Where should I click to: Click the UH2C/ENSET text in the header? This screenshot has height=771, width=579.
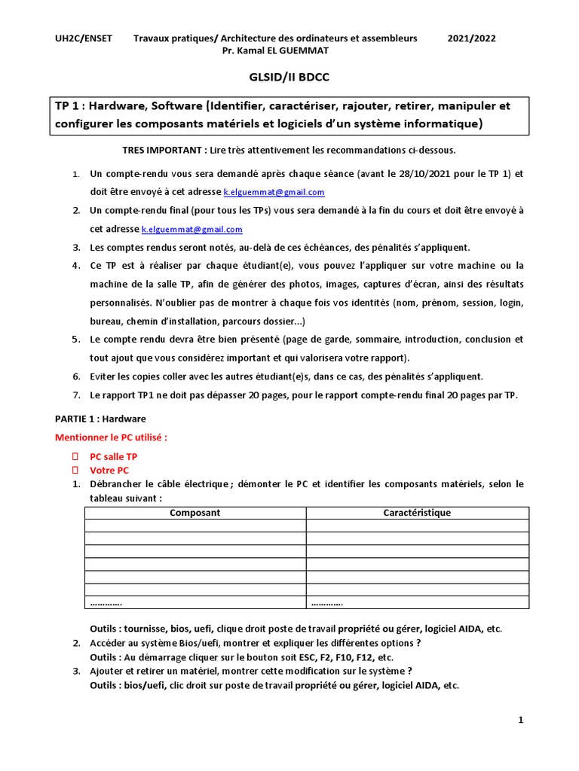[x=84, y=38]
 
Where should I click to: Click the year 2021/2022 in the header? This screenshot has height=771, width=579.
[x=472, y=38]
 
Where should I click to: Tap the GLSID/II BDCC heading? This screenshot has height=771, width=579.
[x=289, y=77]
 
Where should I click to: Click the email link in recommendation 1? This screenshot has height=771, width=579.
[x=274, y=192]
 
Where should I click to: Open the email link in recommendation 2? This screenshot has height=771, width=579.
[x=192, y=229]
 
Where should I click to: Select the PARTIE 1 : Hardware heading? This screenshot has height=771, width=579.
[x=101, y=419]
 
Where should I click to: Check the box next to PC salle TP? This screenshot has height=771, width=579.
[x=75, y=456]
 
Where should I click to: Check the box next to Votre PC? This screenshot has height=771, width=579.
[x=75, y=470]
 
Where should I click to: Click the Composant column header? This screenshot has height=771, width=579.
[x=195, y=513]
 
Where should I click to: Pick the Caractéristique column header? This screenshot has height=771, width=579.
[x=417, y=513]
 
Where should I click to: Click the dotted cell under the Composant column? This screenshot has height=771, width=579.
[x=106, y=602]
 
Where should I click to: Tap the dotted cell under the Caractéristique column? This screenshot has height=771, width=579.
[x=326, y=602]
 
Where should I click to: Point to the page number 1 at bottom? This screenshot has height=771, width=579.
[x=520, y=721]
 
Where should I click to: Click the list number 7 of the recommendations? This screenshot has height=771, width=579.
[x=76, y=395]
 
